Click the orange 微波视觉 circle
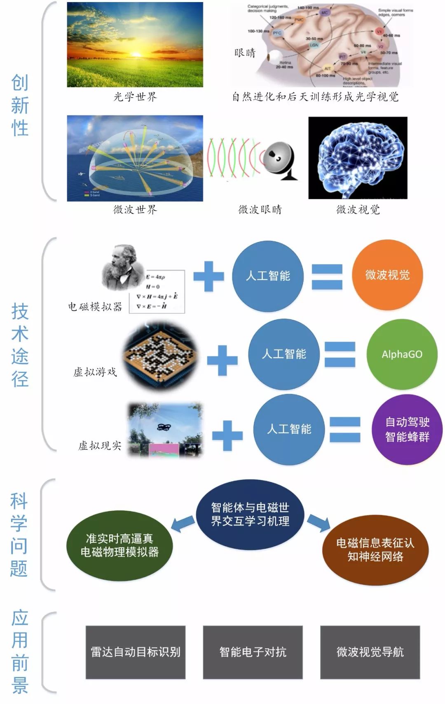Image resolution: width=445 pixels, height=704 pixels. click(x=387, y=275)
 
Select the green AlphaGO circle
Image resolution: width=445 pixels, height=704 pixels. click(x=402, y=354)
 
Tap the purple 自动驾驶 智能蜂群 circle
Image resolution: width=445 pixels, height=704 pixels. click(x=407, y=429)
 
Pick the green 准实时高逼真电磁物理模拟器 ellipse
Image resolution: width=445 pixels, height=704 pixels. click(x=119, y=545)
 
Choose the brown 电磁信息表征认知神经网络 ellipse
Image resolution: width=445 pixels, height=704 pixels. click(x=375, y=550)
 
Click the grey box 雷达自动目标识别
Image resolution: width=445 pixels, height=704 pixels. click(x=136, y=652)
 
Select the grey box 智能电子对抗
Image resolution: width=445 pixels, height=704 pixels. click(x=253, y=652)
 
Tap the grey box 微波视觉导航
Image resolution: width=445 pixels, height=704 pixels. click(x=370, y=652)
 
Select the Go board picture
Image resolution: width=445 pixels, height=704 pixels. click(x=161, y=355)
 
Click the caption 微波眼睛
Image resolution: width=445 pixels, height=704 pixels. click(x=260, y=210)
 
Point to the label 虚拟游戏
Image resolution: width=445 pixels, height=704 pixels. click(x=95, y=372)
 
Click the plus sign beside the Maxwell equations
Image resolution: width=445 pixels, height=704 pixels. click(x=208, y=276)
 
